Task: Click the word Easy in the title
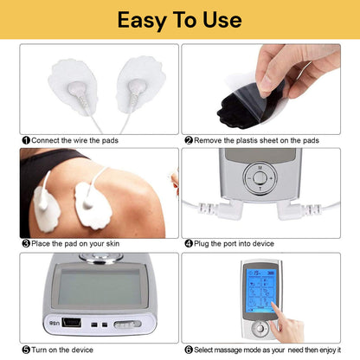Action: [142, 21]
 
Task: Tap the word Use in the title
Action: [222, 20]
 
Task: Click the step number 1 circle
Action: [26, 140]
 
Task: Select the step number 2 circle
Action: [189, 140]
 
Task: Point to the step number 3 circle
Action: [26, 244]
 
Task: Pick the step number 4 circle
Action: [189, 244]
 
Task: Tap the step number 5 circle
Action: [26, 350]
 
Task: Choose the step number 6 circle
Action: [189, 350]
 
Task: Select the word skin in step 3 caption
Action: [112, 244]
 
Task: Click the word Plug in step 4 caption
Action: [202, 244]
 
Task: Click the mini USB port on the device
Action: [72, 323]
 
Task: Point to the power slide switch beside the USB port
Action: [127, 325]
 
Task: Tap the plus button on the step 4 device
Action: [271, 178]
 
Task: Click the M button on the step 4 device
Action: [260, 168]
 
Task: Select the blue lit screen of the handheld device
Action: [261, 290]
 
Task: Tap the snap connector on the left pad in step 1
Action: [77, 88]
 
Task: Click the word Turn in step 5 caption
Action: [39, 350]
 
